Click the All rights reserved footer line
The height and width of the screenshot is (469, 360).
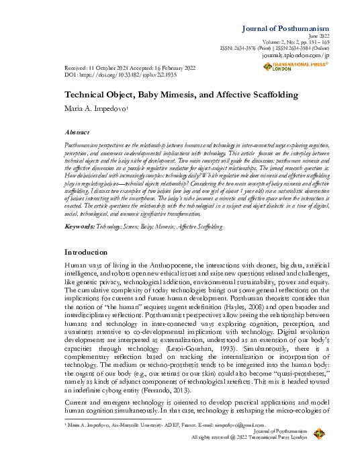click(x=249, y=437)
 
